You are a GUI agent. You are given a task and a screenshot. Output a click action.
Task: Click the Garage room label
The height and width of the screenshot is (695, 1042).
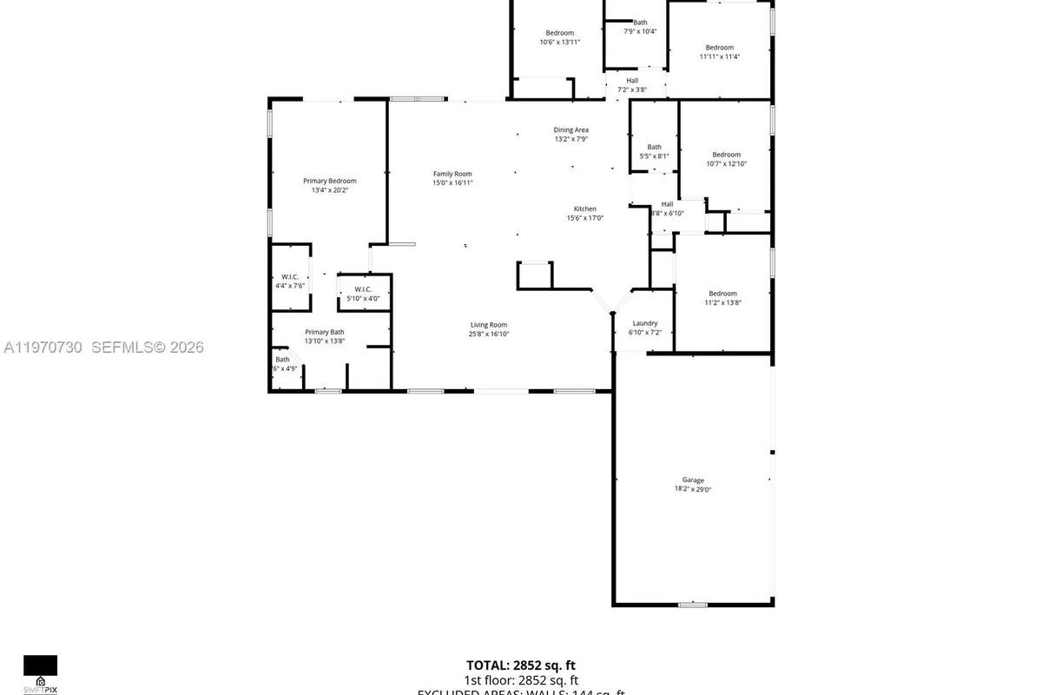[x=692, y=480]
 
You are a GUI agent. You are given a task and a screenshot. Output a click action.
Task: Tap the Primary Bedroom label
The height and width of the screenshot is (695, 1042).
[x=329, y=181]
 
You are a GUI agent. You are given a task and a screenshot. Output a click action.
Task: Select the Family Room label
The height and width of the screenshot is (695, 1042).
[x=452, y=173]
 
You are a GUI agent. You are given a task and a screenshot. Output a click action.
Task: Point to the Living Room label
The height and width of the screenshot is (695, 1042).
[x=489, y=324]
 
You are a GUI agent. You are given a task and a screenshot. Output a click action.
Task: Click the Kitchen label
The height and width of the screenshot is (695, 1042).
[x=584, y=208]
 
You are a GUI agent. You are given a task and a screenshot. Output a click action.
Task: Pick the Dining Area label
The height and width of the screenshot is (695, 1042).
[x=571, y=129]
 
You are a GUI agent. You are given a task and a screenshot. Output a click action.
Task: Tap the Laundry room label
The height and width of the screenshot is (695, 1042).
[x=644, y=323]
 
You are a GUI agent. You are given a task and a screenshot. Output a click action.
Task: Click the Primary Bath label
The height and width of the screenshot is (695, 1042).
[x=325, y=332]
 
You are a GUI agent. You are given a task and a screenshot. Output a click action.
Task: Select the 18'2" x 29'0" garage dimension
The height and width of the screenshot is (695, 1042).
[x=692, y=489]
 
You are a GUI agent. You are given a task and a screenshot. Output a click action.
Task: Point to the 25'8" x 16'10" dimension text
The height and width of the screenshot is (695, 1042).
[x=489, y=334]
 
